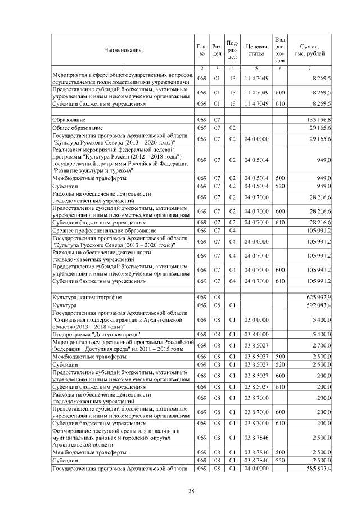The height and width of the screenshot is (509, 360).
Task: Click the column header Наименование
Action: (x=122, y=51)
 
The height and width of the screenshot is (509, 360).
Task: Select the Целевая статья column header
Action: (x=256, y=51)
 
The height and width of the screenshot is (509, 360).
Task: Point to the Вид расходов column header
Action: (x=280, y=49)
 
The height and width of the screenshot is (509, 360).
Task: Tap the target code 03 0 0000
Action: (x=256, y=319)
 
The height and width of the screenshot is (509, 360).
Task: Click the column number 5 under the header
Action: (x=256, y=68)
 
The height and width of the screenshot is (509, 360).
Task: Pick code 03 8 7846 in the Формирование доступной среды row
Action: (x=256, y=436)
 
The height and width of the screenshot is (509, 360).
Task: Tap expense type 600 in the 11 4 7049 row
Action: (x=280, y=92)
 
